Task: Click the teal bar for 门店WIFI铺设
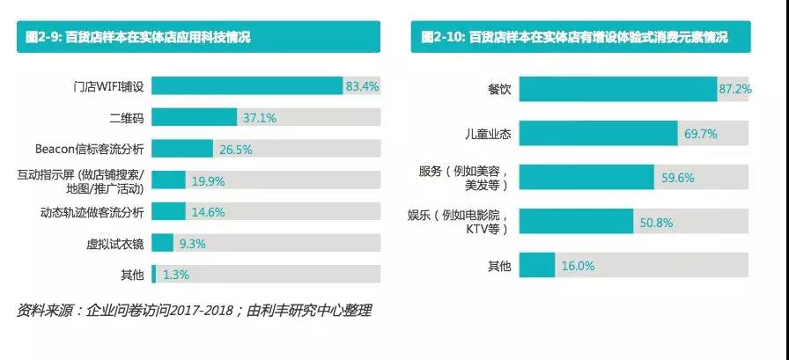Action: [247, 86]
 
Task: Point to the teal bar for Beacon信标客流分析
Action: [182, 149]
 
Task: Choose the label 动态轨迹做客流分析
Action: [103, 211]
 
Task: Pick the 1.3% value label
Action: [174, 274]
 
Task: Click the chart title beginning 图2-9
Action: [142, 37]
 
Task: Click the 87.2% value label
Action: [735, 89]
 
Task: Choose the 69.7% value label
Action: [701, 134]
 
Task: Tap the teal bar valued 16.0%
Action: [538, 265]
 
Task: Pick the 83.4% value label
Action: [362, 86]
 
